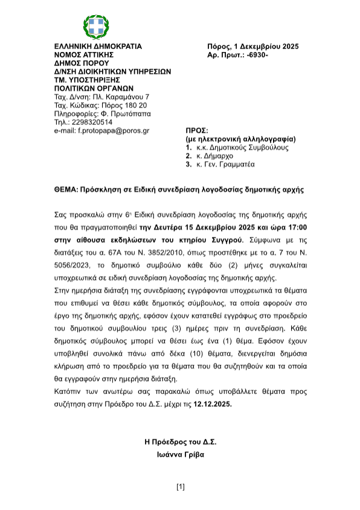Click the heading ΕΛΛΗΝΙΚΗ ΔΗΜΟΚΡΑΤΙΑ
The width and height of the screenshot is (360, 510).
pos(98,46)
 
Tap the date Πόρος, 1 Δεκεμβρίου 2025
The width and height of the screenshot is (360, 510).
pos(252,46)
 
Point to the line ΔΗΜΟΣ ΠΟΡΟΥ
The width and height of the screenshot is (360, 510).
pos(81,63)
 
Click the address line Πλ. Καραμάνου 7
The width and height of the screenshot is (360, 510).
pos(120,96)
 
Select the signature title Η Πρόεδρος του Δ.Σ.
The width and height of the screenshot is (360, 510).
pos(180,442)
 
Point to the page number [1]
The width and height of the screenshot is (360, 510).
pos(180,486)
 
